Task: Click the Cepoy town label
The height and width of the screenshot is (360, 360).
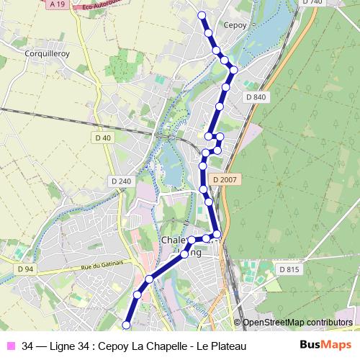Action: (x=235, y=24)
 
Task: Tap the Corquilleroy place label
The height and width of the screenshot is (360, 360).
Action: (x=45, y=53)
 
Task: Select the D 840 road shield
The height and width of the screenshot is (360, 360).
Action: (x=256, y=97)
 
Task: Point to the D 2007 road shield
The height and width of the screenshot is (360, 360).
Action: (x=225, y=179)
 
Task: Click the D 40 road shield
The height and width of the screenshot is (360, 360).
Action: (x=103, y=138)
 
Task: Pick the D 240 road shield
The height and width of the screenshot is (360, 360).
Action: (x=121, y=181)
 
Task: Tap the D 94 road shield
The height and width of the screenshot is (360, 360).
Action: (x=24, y=269)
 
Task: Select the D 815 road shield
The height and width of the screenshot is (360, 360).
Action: (x=288, y=269)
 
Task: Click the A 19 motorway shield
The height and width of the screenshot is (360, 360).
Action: (x=58, y=4)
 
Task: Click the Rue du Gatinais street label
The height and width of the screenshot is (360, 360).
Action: (x=106, y=267)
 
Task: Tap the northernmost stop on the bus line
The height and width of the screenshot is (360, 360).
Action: (x=202, y=15)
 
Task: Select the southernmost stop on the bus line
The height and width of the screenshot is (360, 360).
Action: (x=127, y=325)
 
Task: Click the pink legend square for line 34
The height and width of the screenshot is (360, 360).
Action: (x=12, y=347)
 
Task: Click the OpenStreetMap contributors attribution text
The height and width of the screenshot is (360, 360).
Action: (x=297, y=323)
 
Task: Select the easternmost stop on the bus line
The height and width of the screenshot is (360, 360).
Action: (x=233, y=70)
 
